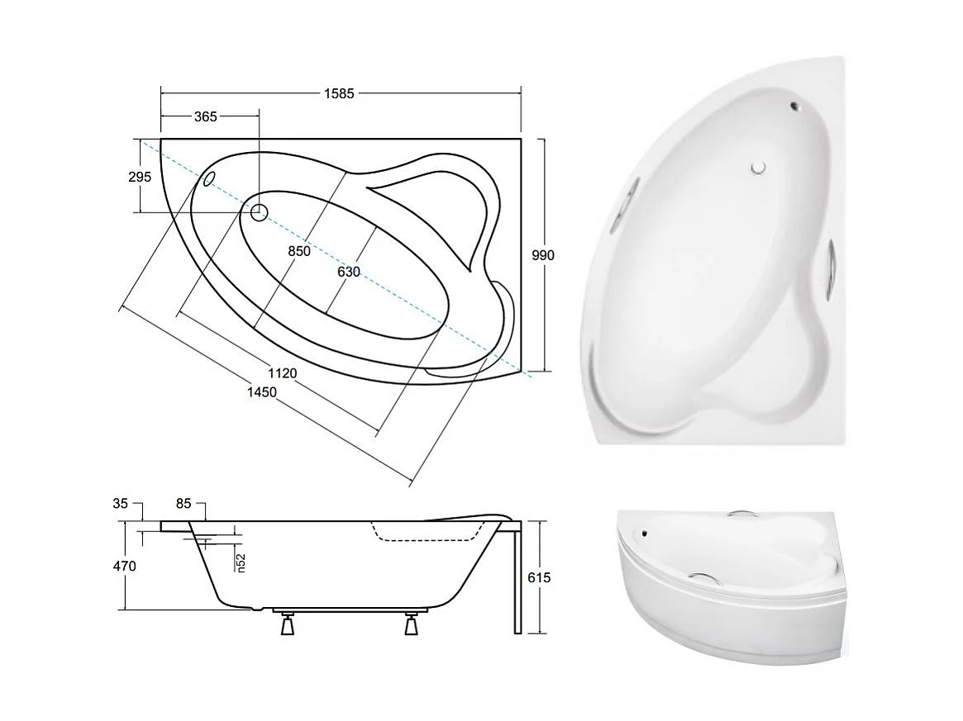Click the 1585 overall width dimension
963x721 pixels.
coord(339,93)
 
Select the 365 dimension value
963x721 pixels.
coord(205,116)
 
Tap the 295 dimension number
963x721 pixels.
coord(140,177)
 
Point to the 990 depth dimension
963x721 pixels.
coord(542,255)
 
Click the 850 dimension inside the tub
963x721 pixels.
coord(299,251)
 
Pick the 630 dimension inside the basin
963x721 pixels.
coord(349,271)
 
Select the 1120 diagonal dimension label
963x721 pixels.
coord(282,373)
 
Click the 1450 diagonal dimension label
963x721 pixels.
coord(261,392)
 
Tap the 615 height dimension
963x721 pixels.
coord(539,577)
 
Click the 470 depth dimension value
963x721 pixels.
coord(126,567)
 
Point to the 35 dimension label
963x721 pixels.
coord(120,502)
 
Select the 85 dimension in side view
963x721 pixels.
coord(184,502)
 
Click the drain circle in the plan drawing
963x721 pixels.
coord(259,212)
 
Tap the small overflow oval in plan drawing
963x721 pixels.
coord(209,178)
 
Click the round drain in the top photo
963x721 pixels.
coord(759,168)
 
